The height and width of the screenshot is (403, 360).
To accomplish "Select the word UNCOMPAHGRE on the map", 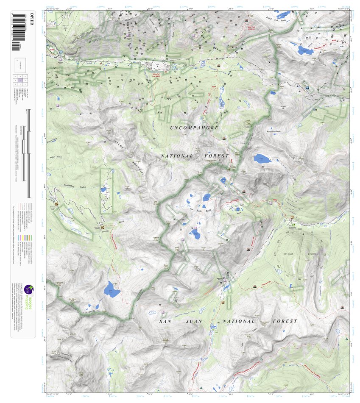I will click(194, 128).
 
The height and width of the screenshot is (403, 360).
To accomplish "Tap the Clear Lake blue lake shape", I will click(262, 159).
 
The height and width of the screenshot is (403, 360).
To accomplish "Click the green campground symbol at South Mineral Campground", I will click(293, 219).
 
